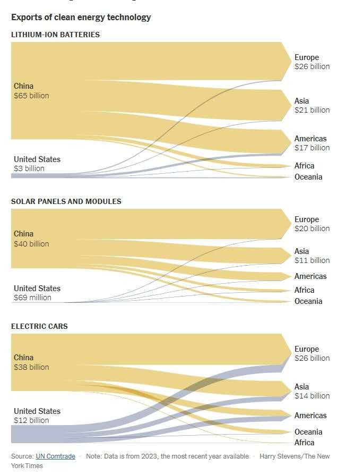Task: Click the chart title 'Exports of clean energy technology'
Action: coord(81,17)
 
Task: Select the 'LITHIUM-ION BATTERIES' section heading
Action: coord(55,35)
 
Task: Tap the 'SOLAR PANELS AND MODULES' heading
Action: coord(66,201)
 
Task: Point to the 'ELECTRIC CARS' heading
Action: coord(39,326)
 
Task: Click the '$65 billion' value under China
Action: coord(31,96)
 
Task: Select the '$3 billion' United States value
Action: coord(29,168)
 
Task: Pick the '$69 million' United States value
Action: coord(32,298)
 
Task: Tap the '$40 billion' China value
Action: coord(31,244)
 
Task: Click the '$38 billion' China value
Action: coord(31,367)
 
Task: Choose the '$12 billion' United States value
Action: coord(31,420)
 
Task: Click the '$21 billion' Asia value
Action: coord(312,110)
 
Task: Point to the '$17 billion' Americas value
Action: coord(312,148)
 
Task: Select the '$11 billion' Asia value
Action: coord(312,260)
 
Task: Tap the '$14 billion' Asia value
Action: coord(312,396)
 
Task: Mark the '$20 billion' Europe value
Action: coord(312,228)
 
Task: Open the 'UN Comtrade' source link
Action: coord(55,456)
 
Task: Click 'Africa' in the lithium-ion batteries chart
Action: coord(305,166)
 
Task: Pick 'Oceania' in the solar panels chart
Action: coord(308,301)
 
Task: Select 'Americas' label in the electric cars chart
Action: coord(310,415)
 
